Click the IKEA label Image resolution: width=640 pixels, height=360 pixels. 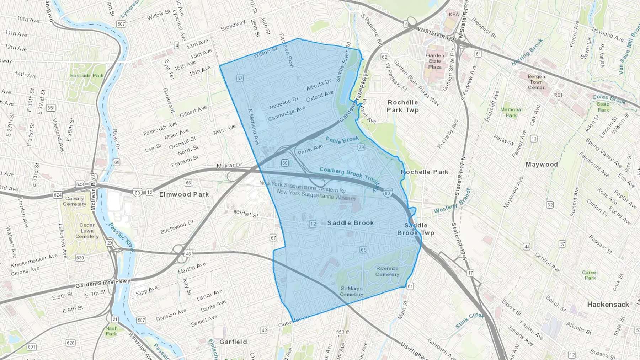coord(453,15)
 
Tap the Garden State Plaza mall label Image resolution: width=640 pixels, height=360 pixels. coord(435,61)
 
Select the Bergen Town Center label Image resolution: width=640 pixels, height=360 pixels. coord(536,82)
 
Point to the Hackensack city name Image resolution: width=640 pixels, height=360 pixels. coord(608,305)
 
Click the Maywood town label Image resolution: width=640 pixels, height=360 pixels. coord(542,165)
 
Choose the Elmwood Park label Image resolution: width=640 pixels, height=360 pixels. coord(184,194)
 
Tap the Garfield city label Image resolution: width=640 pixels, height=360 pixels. coord(233,342)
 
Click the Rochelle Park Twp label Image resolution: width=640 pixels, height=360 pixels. coord(403,106)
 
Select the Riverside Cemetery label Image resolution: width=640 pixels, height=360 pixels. coord(387,272)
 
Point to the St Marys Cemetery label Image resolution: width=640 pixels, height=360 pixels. coord(351,291)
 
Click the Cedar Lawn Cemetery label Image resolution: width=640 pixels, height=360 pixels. coord(87,231)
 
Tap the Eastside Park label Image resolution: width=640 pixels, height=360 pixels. coord(87,75)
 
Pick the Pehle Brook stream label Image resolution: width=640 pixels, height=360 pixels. coord(342,140)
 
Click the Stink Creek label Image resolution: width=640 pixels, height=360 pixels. coord(469,320)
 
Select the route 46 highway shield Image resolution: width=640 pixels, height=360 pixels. coord(188,254)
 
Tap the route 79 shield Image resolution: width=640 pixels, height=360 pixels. coord(361,147)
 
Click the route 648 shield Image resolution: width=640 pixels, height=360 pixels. coord(80,184)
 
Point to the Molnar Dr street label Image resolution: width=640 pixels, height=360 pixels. coord(229,166)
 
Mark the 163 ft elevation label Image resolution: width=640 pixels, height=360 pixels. coord(342,332)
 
